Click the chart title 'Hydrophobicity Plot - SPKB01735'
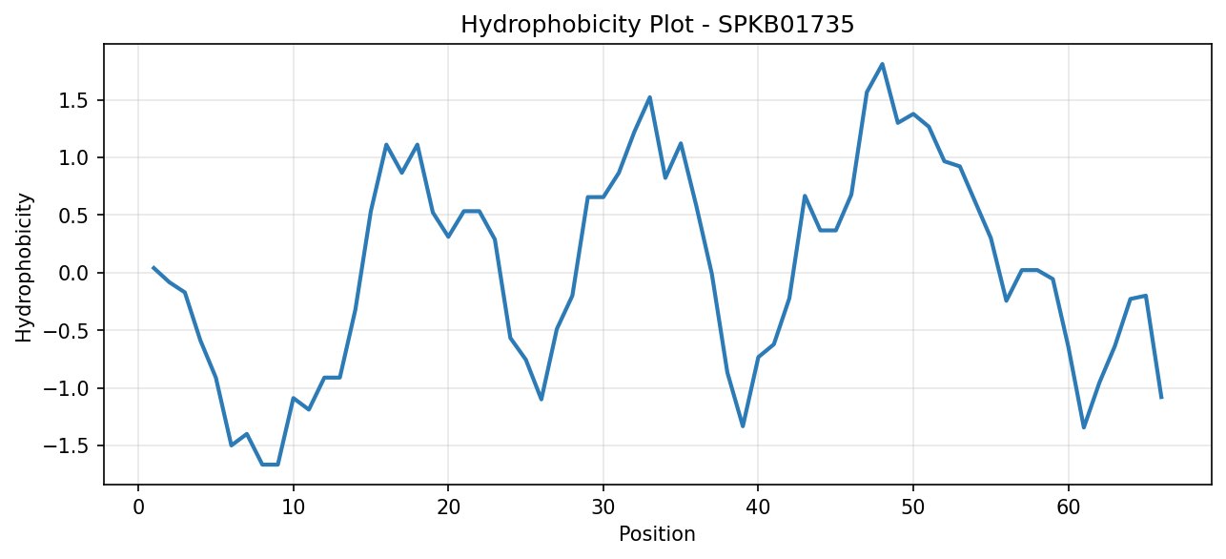tap(658, 25)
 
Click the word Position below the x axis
tap(657, 534)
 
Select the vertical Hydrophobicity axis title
tap(24, 268)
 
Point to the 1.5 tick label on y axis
tap(74, 101)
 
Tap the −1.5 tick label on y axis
tap(67, 446)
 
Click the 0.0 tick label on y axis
tap(74, 273)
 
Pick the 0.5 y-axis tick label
tap(74, 216)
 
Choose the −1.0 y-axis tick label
tap(67, 389)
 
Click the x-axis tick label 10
tap(294, 507)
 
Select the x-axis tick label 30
tap(603, 507)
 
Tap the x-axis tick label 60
tap(1069, 507)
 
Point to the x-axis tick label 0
tap(138, 507)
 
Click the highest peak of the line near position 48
tap(882, 64)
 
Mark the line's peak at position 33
tap(649, 97)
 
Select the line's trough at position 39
tap(743, 426)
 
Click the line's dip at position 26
tap(541, 399)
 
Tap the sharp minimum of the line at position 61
tap(1084, 427)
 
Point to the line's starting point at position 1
tap(153, 268)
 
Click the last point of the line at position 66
tap(1161, 398)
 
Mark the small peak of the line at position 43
tap(805, 196)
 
